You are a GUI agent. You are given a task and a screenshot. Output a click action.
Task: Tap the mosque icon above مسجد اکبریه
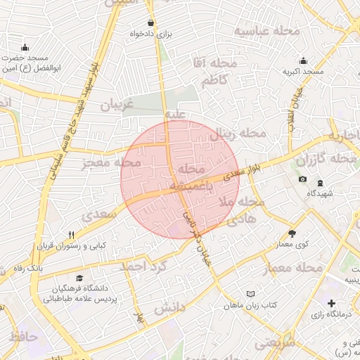point(303,60)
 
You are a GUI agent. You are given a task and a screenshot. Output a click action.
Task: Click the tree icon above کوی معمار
point(292,233)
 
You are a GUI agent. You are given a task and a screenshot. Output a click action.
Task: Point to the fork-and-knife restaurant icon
point(71,235)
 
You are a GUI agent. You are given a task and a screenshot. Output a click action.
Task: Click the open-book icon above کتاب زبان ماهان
point(252,292)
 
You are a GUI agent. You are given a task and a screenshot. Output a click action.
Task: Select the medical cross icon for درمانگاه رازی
point(331,303)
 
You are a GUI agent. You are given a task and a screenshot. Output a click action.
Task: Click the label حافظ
point(22,337)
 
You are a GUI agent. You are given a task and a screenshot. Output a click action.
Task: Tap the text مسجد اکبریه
point(303,72)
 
